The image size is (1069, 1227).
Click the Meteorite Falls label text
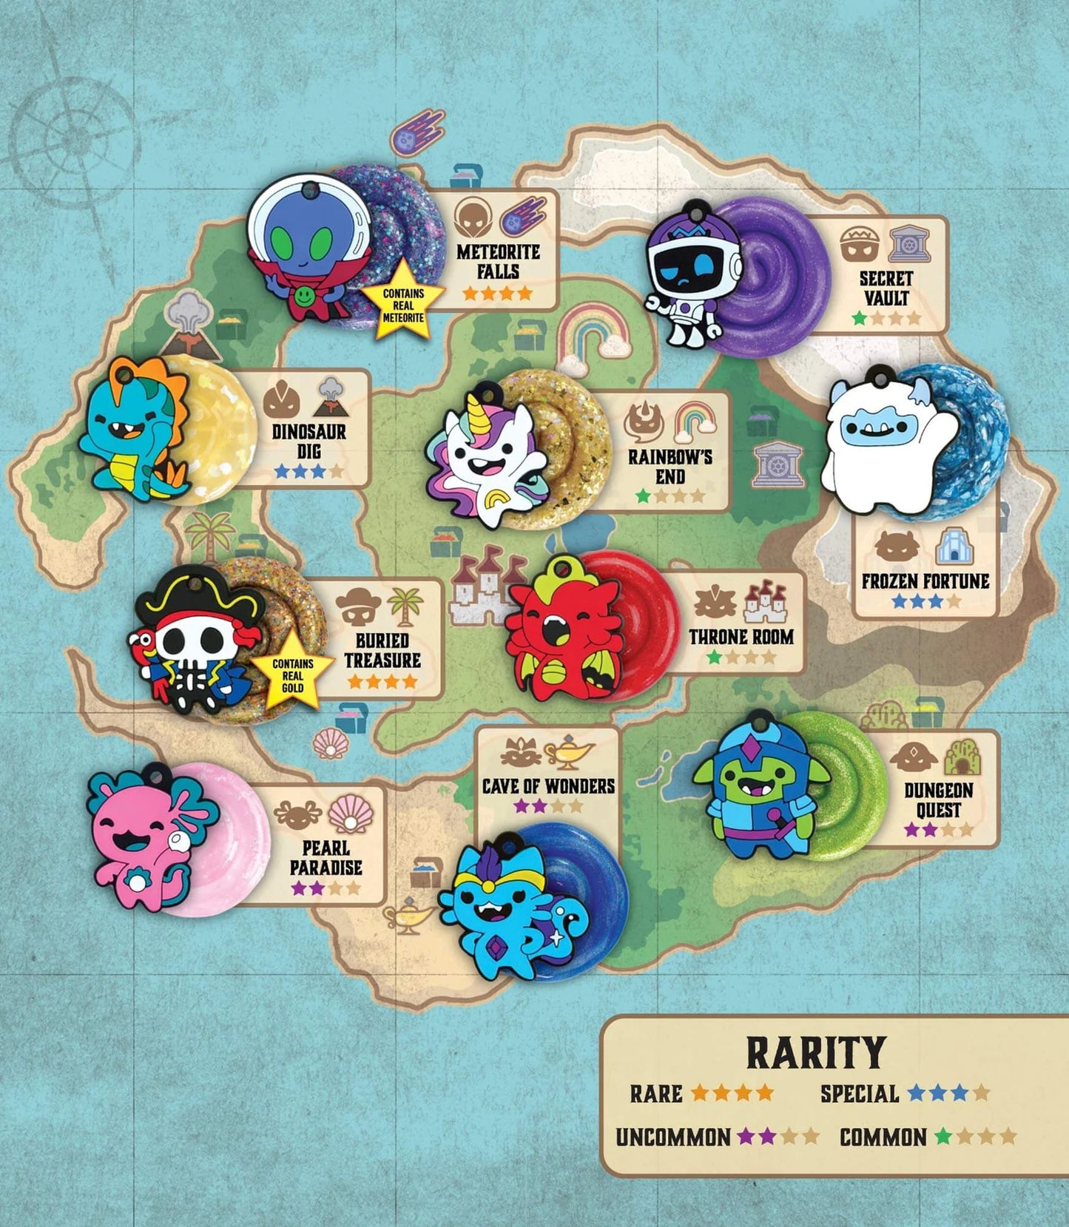tap(498, 261)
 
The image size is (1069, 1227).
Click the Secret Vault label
tap(886, 288)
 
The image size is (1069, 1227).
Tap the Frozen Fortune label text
tap(925, 581)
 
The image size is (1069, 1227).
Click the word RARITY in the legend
tap(815, 1052)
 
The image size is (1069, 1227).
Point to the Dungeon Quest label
tap(938, 800)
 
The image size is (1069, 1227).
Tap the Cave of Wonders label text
tap(548, 785)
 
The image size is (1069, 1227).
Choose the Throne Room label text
tap(741, 637)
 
